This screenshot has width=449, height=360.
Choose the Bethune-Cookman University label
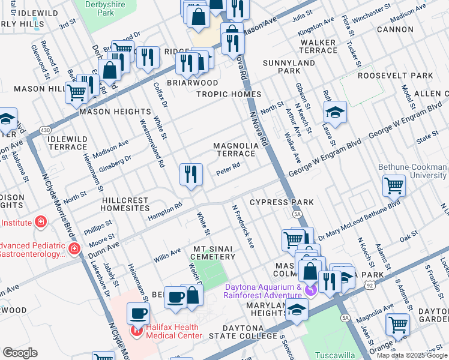click(x=412, y=171)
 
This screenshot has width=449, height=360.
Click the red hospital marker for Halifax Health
click(x=137, y=329)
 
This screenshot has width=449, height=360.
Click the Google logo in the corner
click(x=20, y=352)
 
